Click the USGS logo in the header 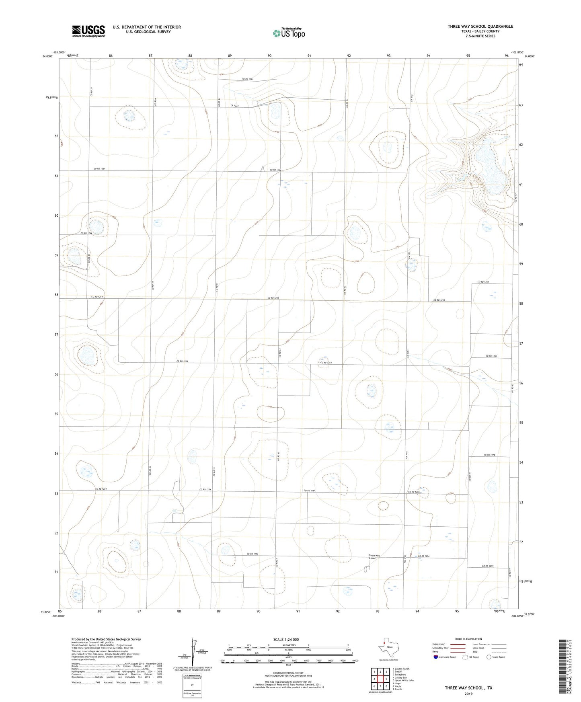point(88,31)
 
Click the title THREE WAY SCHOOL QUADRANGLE point(480,27)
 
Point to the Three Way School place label point(374,557)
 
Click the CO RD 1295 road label point(489,566)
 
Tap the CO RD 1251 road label point(483,282)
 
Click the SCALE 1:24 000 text point(288,639)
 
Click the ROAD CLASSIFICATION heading point(468,639)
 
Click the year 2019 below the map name point(468,694)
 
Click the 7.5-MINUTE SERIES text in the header point(480,36)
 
